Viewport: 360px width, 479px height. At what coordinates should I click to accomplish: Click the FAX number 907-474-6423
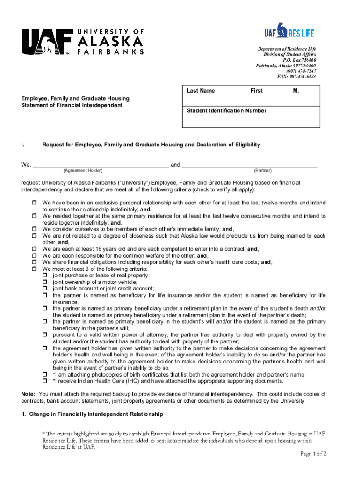[x=296, y=76]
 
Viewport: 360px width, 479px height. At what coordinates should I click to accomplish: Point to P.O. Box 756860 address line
[x=299, y=60]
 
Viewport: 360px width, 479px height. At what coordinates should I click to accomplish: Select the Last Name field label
[x=201, y=91]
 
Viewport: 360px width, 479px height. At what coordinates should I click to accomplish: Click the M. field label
[x=296, y=91]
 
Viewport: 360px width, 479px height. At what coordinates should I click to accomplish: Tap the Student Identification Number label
[x=226, y=111]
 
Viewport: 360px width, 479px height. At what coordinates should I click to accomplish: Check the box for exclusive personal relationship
[x=35, y=203]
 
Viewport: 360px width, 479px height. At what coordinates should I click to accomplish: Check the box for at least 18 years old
[x=35, y=249]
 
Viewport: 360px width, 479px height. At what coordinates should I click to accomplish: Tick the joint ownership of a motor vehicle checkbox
[x=45, y=282]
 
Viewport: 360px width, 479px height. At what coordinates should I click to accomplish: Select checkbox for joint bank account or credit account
[x=45, y=289]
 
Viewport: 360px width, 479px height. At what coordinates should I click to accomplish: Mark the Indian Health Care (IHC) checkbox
[x=45, y=381]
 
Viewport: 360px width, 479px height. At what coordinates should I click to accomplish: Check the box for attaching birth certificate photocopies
[x=45, y=374]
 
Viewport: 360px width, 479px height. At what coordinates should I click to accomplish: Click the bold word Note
[x=28, y=394]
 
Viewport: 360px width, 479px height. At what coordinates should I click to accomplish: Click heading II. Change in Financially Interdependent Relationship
[x=92, y=414]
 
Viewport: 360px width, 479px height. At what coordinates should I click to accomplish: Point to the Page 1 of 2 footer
[x=312, y=454]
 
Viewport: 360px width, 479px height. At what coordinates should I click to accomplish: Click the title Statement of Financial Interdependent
[x=72, y=105]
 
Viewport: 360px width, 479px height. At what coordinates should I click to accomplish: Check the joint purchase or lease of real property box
[x=45, y=276]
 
